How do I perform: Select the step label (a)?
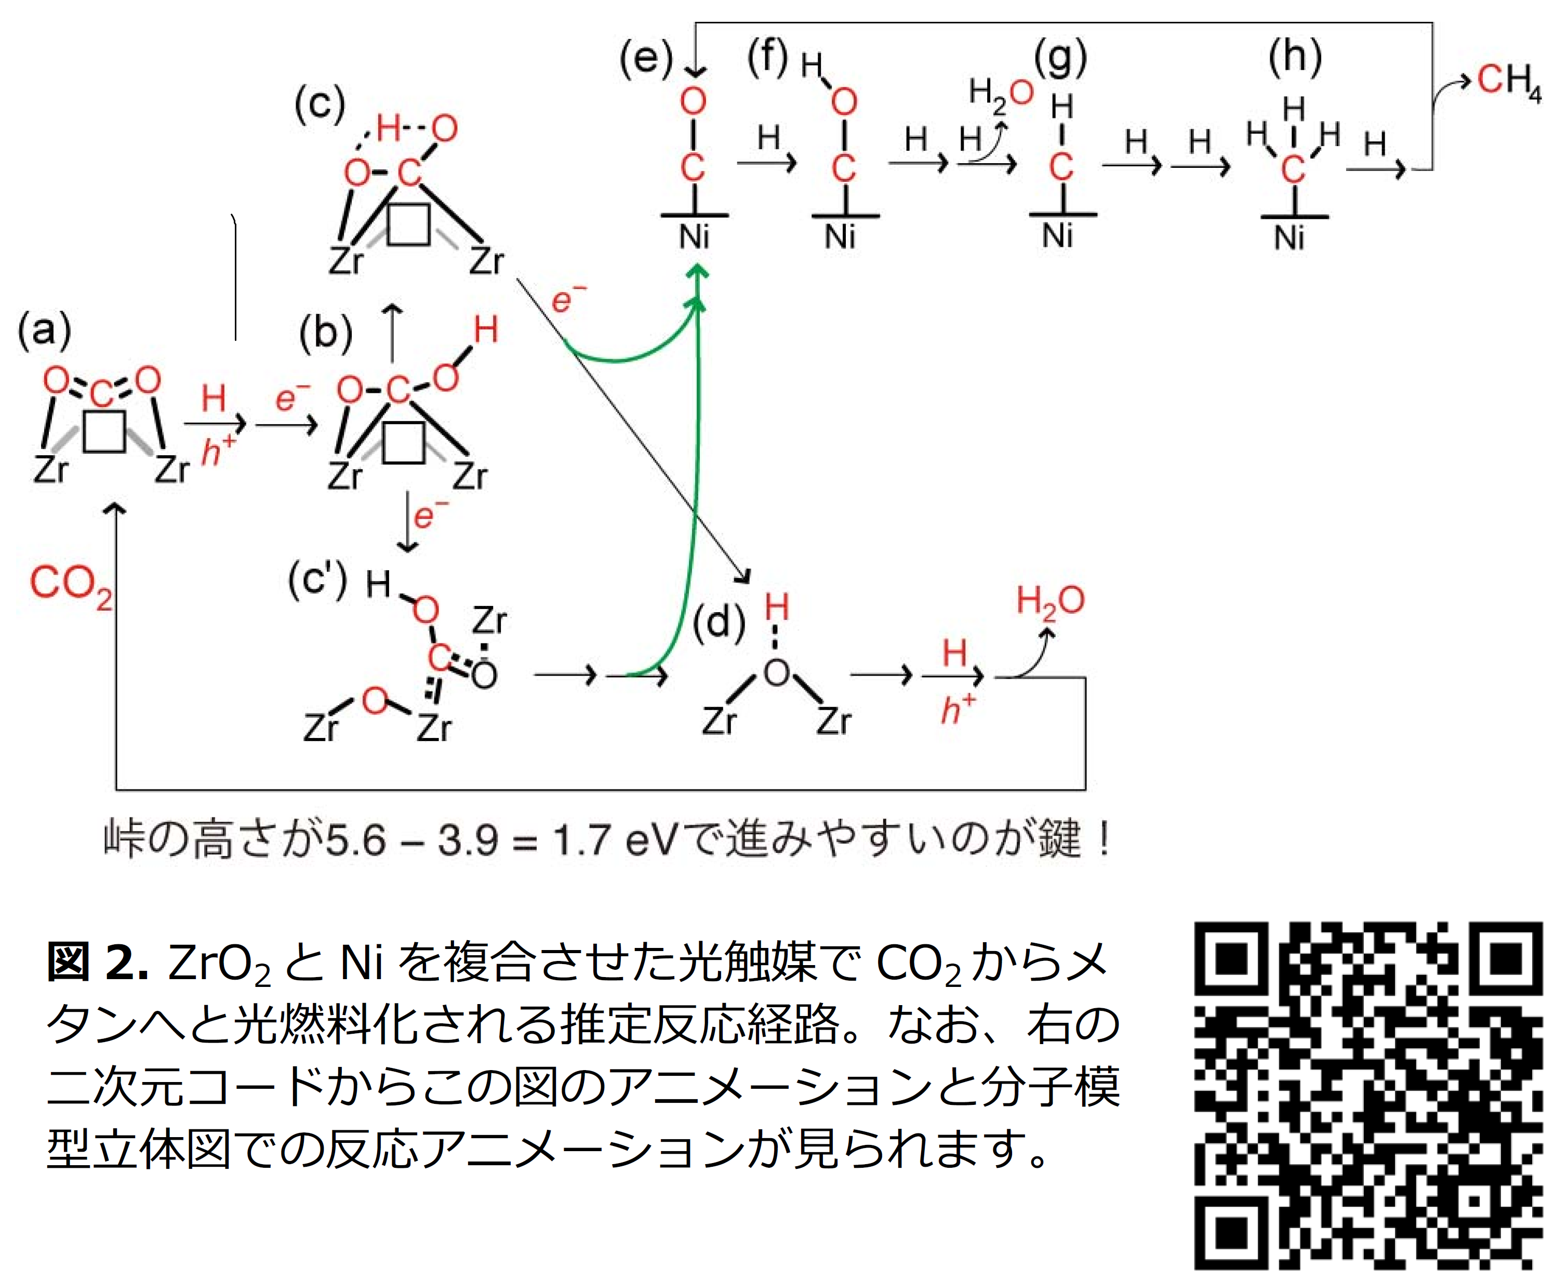[45, 330]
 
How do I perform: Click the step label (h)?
[1294, 57]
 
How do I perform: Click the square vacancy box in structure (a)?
[104, 430]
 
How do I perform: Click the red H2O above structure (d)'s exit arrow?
[1049, 601]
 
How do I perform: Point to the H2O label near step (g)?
[999, 94]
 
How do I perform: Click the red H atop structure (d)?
[776, 608]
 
